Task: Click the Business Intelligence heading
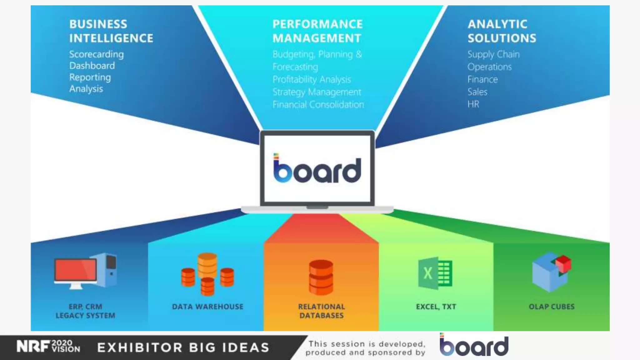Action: click(111, 31)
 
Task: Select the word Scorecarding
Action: click(96, 54)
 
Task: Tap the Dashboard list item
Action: click(92, 66)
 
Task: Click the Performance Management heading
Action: click(317, 31)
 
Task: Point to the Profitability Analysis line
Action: click(312, 79)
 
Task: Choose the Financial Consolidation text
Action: click(318, 104)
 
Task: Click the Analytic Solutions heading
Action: click(502, 31)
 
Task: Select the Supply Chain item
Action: click(493, 54)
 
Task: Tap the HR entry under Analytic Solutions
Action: click(473, 104)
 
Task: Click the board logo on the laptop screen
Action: click(317, 169)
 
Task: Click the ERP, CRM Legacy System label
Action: click(85, 311)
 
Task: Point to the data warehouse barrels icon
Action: click(207, 274)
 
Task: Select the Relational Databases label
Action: click(322, 311)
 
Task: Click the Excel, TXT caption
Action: click(436, 307)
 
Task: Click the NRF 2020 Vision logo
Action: click(48, 347)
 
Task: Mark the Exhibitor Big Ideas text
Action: click(183, 347)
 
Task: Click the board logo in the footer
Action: click(474, 345)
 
